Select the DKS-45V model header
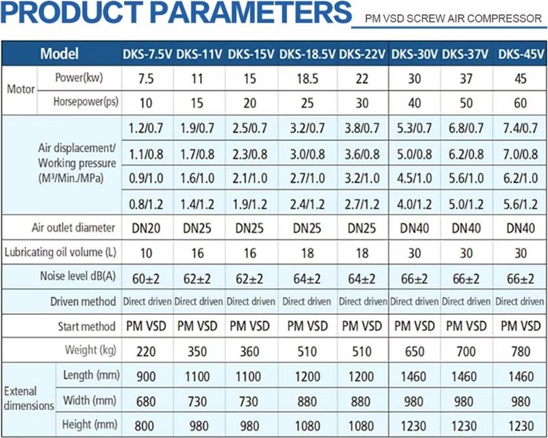pos(521,54)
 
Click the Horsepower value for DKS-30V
pos(414,103)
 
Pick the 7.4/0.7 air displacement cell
pos(521,128)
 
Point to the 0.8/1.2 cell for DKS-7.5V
pos(146,203)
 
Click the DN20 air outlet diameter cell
pos(146,228)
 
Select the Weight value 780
pos(521,350)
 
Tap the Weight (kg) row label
pos(90,350)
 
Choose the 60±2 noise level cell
pos(146,278)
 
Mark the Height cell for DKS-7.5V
pos(146,424)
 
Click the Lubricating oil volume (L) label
pos(60,253)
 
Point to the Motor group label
pos(20,90)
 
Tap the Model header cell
pos(60,54)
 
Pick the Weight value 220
pos(146,350)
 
